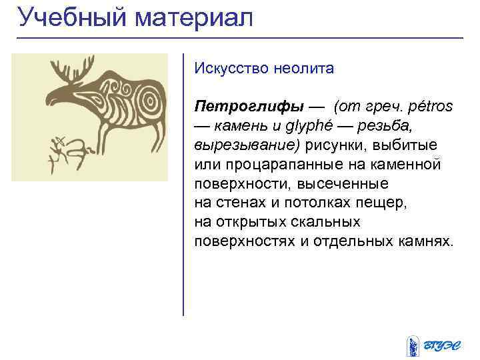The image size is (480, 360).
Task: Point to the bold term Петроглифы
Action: pos(249,107)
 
